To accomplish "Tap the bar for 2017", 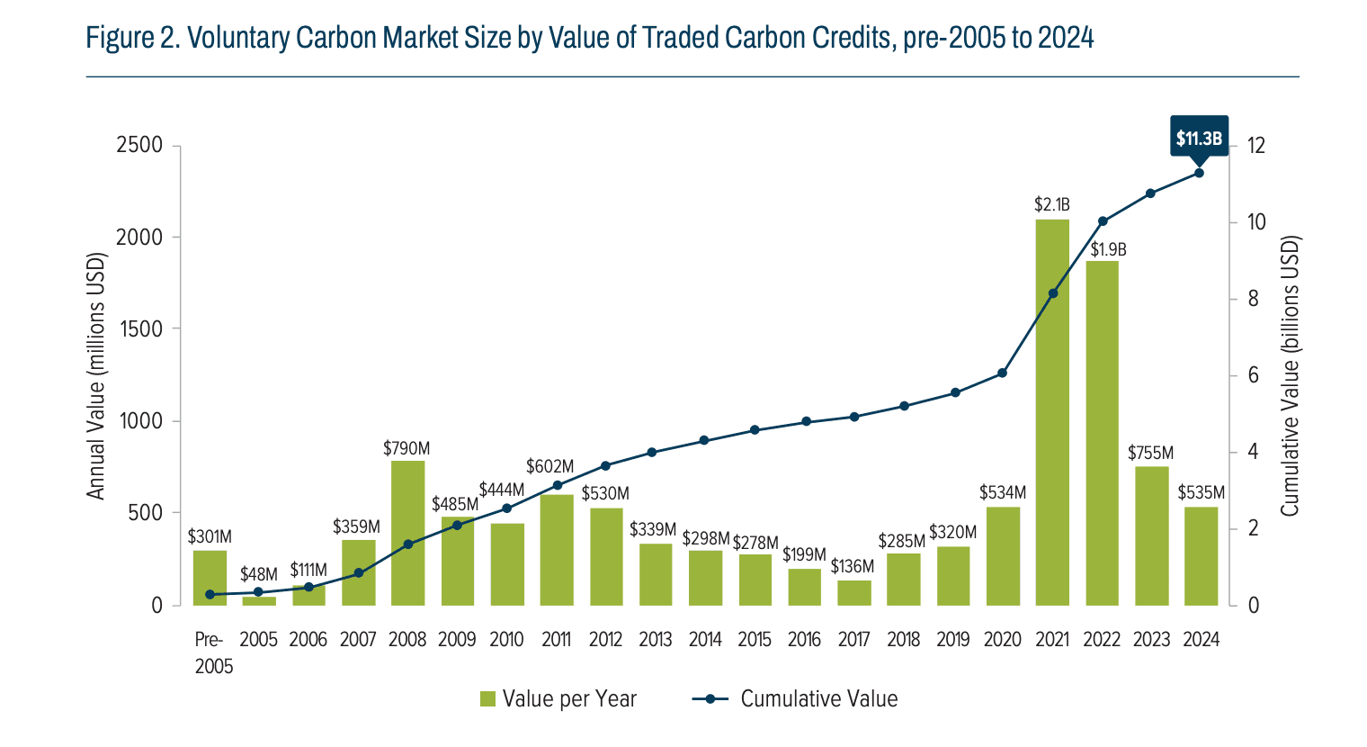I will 853,593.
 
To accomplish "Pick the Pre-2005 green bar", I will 210,578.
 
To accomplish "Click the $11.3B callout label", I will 1199,138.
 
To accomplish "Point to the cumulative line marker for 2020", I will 1003,373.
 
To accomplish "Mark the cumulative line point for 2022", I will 1103,221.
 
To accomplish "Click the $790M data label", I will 407,448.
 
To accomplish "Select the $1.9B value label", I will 1108,250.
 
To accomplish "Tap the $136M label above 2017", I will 852,567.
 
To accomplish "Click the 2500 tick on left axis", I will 139,146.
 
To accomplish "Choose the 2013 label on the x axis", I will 656,639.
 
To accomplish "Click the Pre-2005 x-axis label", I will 213,652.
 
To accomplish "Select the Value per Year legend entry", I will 558,699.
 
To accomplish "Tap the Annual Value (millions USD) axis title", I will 96,376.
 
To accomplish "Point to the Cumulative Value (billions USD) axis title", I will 1291,376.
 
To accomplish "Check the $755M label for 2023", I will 1150,454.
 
